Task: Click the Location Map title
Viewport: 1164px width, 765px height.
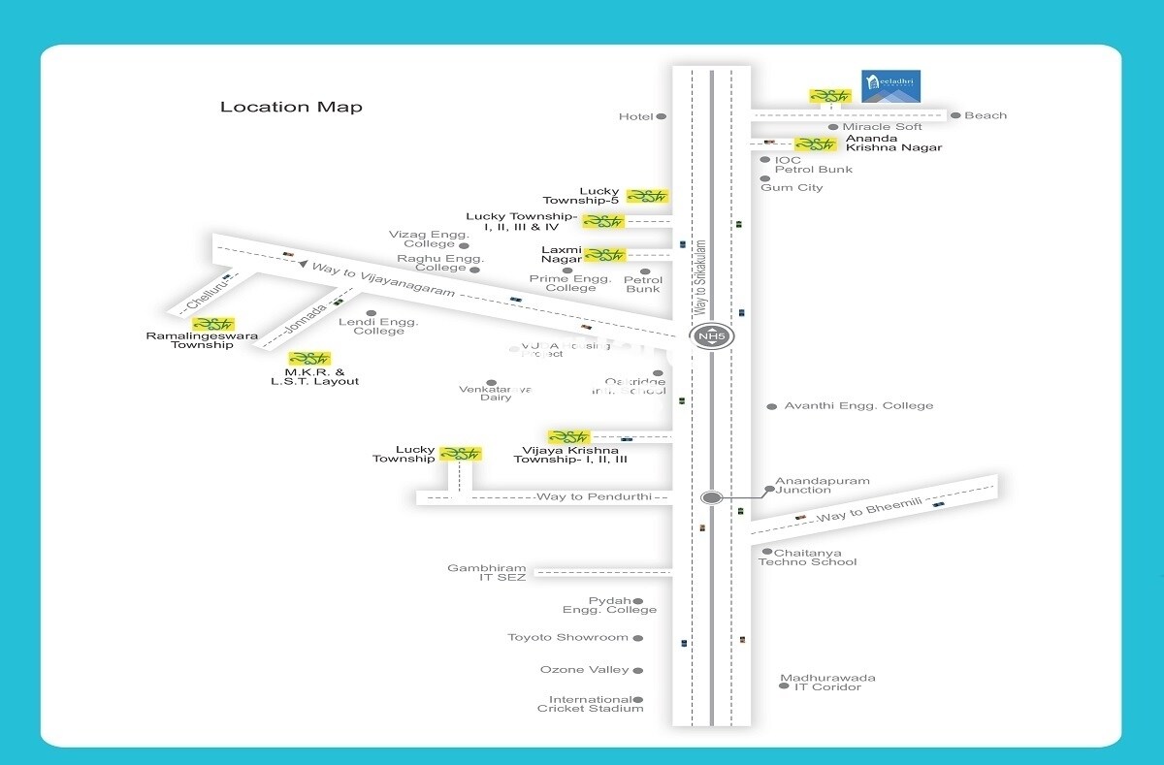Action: pyautogui.click(x=291, y=107)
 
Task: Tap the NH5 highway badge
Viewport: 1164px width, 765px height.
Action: pyautogui.click(x=712, y=337)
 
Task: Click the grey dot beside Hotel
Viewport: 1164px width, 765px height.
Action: pyautogui.click(x=662, y=116)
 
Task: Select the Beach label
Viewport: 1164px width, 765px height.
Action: pyautogui.click(x=986, y=115)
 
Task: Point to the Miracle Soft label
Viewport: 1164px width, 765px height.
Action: pyautogui.click(x=882, y=127)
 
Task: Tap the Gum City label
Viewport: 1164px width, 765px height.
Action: pyautogui.click(x=792, y=187)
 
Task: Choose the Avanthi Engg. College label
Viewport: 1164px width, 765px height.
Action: pyautogui.click(x=858, y=405)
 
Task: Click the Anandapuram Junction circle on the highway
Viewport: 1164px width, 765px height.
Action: pyautogui.click(x=712, y=497)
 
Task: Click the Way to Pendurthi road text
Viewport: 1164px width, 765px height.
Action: pyautogui.click(x=574, y=497)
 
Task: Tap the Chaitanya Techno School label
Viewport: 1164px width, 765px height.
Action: pyautogui.click(x=808, y=558)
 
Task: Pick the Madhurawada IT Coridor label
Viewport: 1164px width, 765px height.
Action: pyautogui.click(x=827, y=683)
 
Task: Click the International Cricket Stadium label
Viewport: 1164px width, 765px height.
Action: pyautogui.click(x=590, y=704)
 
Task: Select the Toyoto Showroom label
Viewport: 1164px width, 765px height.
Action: pyautogui.click(x=568, y=638)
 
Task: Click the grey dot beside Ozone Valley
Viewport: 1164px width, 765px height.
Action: pyautogui.click(x=638, y=670)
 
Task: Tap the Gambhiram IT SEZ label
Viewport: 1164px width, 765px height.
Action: pyautogui.click(x=487, y=573)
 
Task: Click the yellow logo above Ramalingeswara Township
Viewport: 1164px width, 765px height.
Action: pyautogui.click(x=213, y=324)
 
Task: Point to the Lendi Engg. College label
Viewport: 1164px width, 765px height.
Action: pyautogui.click(x=378, y=327)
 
